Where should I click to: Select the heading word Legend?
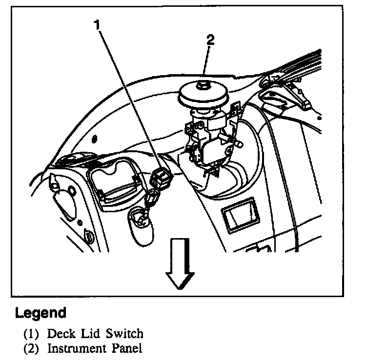coord(41,312)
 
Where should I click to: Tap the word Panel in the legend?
coord(128,348)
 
